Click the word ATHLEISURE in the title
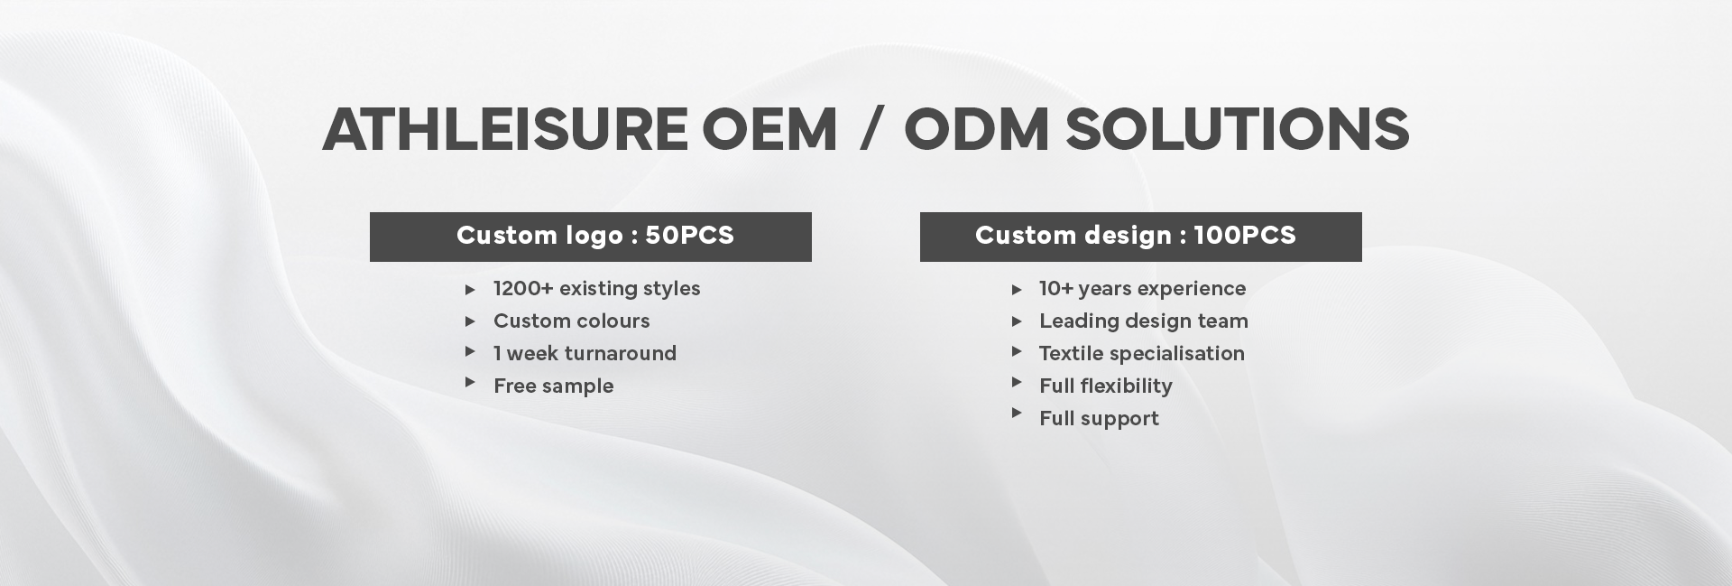pos(505,129)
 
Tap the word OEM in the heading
pos(769,129)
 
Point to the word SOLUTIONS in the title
pos(1237,129)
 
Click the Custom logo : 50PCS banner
pos(591,237)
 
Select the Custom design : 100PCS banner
pos(1141,237)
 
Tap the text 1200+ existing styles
pos(596,289)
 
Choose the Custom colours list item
pos(571,321)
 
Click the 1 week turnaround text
pos(585,353)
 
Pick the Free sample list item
pos(553,386)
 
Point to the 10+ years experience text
pos(1142,289)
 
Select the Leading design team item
pos(1144,321)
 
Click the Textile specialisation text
pos(1141,353)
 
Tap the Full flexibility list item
pos(1105,386)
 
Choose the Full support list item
pos(1099,419)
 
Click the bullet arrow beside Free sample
pos(470,383)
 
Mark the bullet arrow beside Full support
pos(1017,414)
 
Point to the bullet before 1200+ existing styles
pos(470,290)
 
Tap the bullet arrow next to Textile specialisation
pos(1017,351)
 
